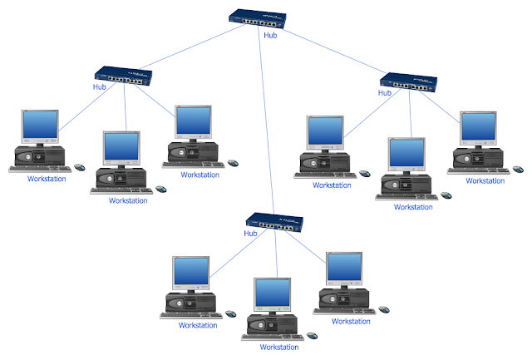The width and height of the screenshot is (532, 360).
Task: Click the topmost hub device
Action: point(258,19)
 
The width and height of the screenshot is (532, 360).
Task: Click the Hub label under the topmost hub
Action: point(270,35)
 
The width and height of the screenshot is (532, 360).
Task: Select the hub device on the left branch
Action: point(123,76)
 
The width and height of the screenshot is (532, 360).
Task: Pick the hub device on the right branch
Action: point(408,82)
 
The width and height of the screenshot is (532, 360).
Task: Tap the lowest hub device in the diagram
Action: point(274,223)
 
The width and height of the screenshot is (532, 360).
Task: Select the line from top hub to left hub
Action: point(192,47)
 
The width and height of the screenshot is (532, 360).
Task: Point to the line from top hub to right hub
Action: point(334,52)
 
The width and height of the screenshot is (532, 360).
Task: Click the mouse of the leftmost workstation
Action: point(80,167)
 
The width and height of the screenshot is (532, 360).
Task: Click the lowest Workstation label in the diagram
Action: point(279,347)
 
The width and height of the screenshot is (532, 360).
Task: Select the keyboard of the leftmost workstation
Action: point(40,169)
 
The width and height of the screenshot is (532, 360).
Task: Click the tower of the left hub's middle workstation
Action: point(121,178)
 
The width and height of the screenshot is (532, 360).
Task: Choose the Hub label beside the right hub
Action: point(385,93)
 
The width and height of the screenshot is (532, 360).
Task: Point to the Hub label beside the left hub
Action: point(100,86)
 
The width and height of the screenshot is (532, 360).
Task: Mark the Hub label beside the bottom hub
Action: point(250,234)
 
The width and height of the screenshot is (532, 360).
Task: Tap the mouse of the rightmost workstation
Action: point(518,169)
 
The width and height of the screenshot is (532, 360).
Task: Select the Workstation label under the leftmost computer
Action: point(47,179)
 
